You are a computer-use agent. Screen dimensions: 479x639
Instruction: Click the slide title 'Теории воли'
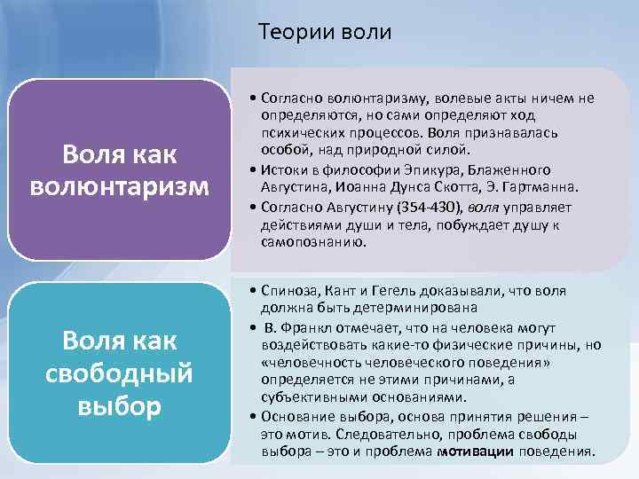[x=324, y=33]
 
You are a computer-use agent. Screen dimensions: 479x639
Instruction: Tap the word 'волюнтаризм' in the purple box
[x=118, y=187]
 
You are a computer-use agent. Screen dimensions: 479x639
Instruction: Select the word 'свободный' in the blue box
[x=118, y=373]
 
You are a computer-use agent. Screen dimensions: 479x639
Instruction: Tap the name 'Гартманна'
[x=541, y=187]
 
